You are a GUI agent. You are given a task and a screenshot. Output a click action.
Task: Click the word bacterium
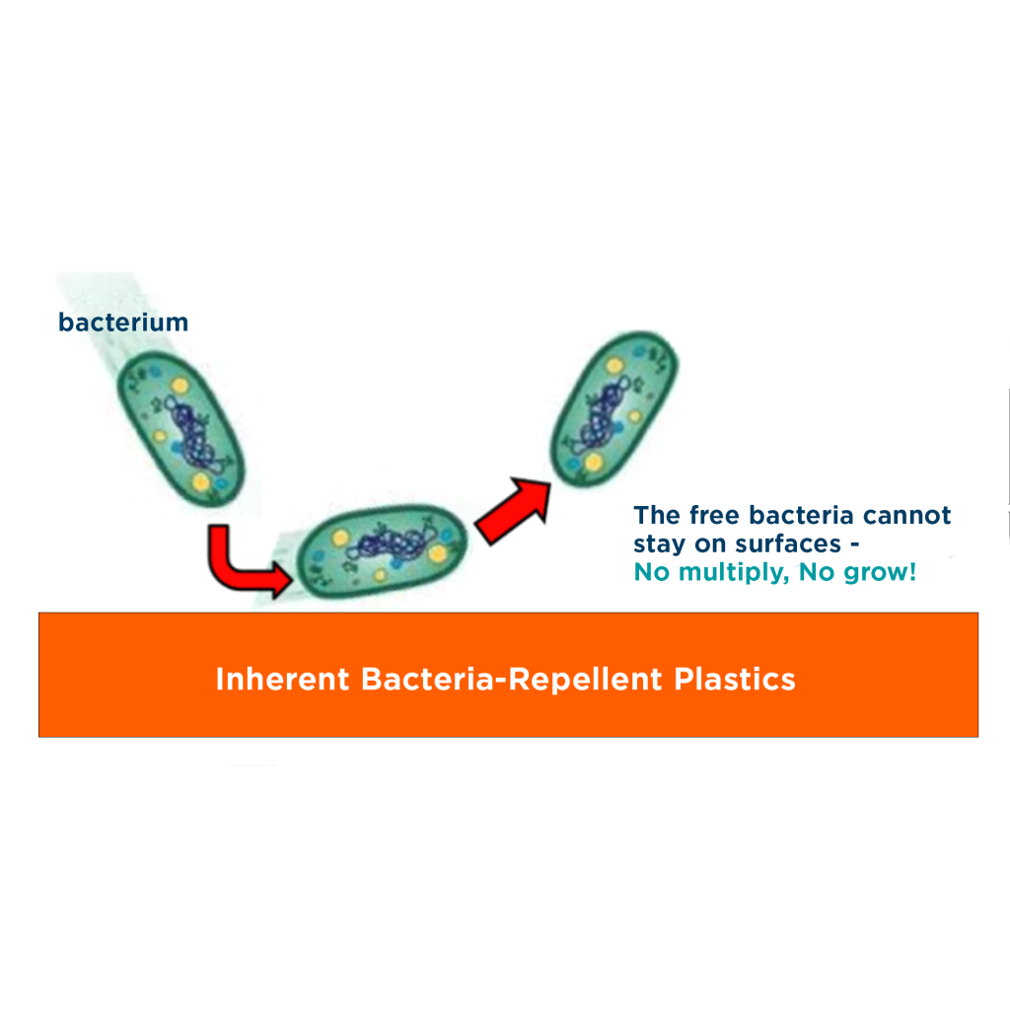(123, 323)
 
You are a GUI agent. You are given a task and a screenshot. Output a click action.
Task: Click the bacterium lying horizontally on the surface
(382, 550)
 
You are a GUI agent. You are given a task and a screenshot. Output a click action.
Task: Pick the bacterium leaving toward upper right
(613, 408)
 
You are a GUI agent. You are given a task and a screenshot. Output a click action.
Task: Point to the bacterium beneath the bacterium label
(181, 429)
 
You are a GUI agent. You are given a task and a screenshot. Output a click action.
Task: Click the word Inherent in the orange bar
(282, 679)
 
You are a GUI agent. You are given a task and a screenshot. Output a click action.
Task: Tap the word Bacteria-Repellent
(512, 679)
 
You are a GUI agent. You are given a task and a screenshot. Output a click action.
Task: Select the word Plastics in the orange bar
(735, 679)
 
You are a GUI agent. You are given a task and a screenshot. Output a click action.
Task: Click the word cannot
(907, 515)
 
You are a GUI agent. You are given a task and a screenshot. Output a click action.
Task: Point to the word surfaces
(788, 544)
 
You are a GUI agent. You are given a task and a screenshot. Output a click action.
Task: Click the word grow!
(857, 573)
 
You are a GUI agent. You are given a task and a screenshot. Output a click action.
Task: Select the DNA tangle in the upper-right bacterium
(604, 413)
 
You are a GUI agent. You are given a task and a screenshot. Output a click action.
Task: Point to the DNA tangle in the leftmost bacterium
(191, 434)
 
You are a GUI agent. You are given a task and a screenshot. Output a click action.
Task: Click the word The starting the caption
(657, 515)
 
